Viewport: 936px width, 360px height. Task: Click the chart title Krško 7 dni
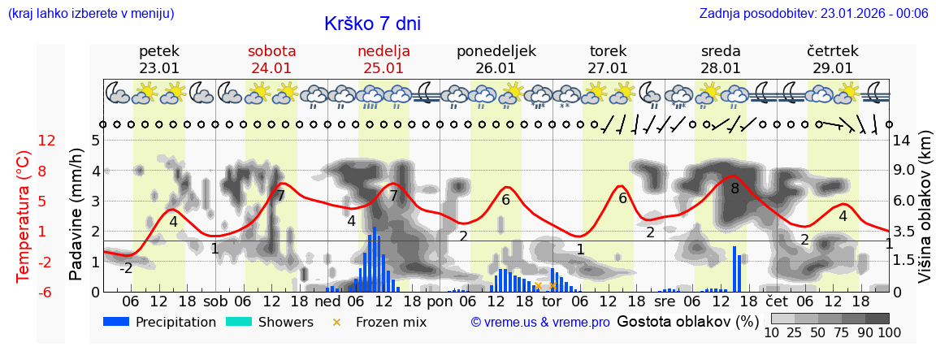click(372, 24)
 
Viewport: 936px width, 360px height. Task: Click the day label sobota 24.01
click(271, 59)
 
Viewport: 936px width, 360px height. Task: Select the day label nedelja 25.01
click(383, 59)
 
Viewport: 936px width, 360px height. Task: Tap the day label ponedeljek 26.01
click(496, 59)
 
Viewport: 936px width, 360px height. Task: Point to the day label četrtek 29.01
click(833, 59)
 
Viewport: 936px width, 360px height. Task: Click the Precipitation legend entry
click(160, 322)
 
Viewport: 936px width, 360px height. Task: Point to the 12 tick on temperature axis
click(47, 141)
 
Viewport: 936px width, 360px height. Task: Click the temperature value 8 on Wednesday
click(734, 189)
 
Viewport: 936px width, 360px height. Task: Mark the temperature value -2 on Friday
click(126, 268)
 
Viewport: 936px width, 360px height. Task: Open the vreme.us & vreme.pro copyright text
click(540, 323)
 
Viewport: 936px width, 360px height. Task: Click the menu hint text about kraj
click(91, 13)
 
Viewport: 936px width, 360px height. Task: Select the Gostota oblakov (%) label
click(687, 322)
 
